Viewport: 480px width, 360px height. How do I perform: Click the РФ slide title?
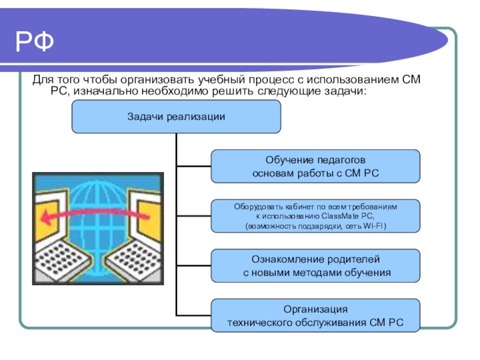tap(35, 41)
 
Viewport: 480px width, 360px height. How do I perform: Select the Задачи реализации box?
tap(176, 116)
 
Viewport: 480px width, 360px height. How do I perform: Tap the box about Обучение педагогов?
tap(316, 167)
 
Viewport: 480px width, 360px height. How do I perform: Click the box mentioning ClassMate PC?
tap(316, 216)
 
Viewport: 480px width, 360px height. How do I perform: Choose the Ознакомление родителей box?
tap(316, 266)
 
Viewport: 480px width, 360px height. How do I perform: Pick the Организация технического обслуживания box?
tap(316, 316)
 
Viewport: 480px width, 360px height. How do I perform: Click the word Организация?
tap(316, 310)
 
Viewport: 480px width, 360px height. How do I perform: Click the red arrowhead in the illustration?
tap(46, 218)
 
